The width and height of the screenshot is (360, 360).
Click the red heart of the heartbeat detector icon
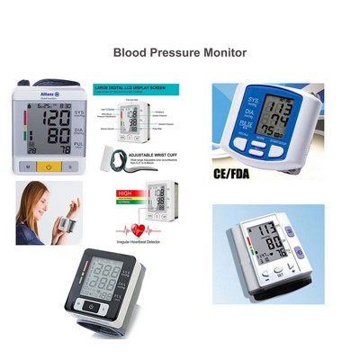click(x=137, y=229)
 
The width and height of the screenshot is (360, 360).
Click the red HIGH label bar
click(x=128, y=193)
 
